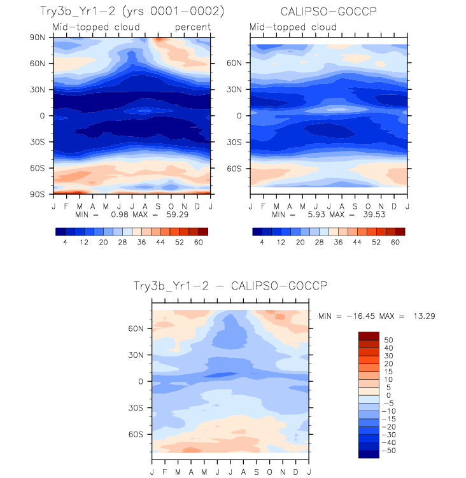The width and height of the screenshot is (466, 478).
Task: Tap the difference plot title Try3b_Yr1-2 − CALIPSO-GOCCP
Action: pos(230,286)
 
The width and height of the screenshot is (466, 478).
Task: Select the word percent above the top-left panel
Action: pos(193,27)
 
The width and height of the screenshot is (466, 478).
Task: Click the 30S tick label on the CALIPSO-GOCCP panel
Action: pos(235,142)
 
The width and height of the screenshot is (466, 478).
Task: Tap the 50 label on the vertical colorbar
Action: pos(389,340)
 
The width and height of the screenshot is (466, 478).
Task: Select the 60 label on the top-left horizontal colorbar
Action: pos(199,243)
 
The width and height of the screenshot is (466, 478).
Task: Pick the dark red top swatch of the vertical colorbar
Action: pos(369,335)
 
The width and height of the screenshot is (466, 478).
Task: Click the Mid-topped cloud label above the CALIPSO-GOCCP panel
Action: pos(293,27)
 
